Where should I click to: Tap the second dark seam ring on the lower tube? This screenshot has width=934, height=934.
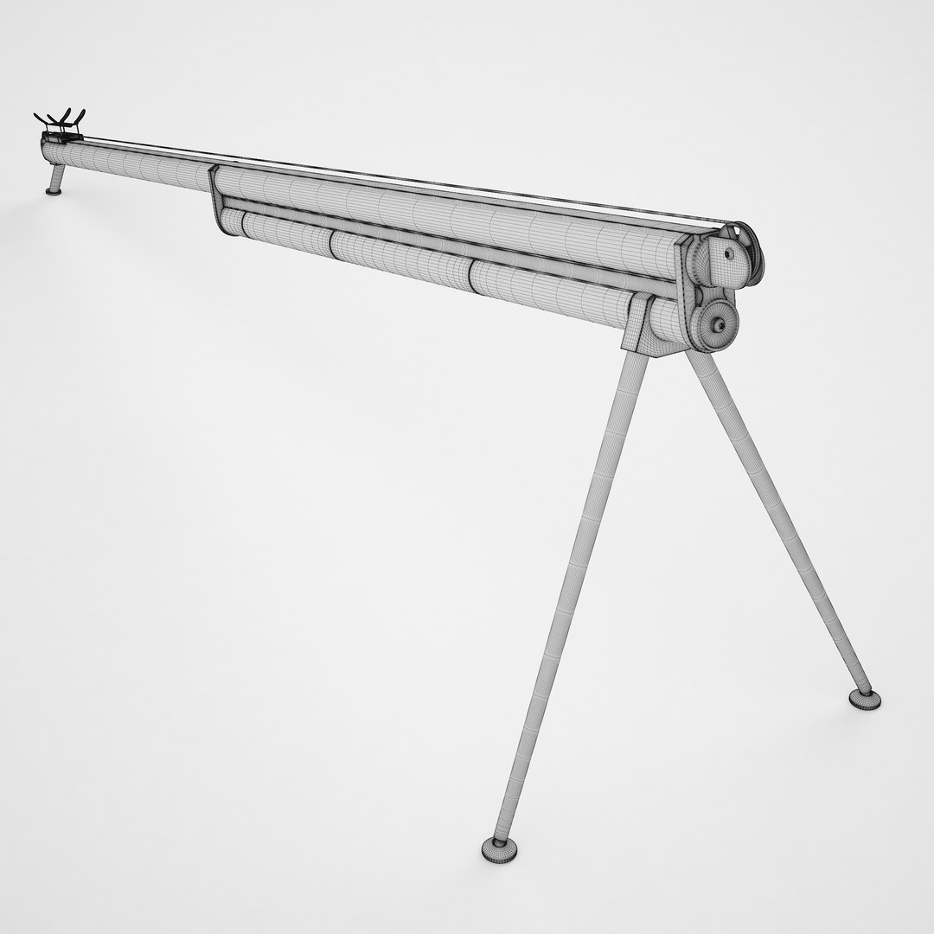tap(471, 273)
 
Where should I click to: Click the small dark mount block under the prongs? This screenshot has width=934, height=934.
tap(56, 143)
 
